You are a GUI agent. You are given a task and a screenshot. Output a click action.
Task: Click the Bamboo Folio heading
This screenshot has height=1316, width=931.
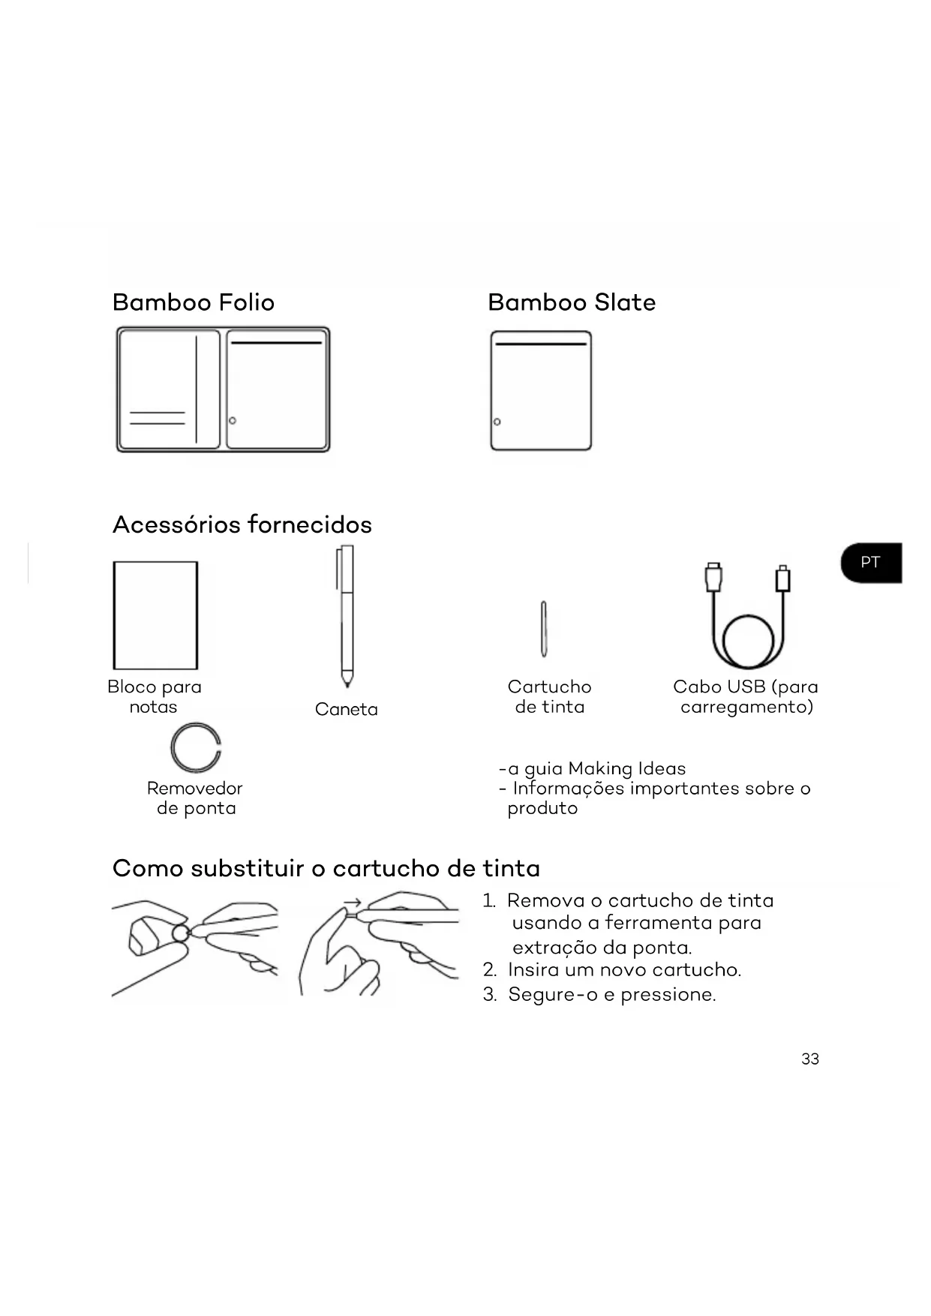tap(194, 302)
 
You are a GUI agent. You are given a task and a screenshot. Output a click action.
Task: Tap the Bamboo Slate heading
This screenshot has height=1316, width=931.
tap(571, 302)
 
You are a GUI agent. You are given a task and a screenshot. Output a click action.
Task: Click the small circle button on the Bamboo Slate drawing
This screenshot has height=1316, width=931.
tap(497, 422)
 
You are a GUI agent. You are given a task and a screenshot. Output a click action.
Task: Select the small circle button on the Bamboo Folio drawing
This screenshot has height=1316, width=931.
tap(233, 420)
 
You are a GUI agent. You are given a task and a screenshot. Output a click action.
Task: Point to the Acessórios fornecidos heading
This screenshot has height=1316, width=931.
tap(242, 524)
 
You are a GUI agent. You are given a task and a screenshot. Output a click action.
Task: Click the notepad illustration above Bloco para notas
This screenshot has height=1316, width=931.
tap(155, 614)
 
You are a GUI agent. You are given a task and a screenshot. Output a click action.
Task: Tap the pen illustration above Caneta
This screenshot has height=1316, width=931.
tap(346, 615)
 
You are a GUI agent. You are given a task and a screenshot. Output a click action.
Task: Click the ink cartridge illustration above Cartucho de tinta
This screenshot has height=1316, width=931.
tap(544, 629)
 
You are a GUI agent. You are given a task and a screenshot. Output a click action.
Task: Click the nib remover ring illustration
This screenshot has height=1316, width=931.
tap(195, 748)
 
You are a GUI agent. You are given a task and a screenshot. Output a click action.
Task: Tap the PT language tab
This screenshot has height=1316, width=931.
tap(870, 563)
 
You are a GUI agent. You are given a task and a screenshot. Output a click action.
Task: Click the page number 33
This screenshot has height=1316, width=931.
tap(810, 1059)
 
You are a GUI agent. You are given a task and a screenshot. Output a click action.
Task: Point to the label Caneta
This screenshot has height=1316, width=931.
tap(346, 709)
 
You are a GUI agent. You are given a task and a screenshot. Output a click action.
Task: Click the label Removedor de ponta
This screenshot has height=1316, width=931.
tap(195, 798)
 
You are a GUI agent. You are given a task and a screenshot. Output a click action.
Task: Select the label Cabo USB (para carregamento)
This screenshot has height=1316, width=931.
tap(746, 697)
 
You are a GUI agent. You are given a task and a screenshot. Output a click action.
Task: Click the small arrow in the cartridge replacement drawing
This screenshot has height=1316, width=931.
tap(353, 903)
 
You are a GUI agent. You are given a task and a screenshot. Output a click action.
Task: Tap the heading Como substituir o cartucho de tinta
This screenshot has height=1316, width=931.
tap(326, 868)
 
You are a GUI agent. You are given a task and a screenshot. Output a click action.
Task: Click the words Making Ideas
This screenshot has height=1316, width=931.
tap(627, 768)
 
